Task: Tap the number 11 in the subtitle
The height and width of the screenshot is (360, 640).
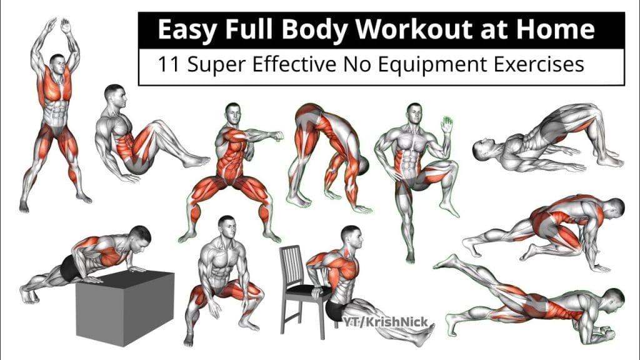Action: click(x=168, y=64)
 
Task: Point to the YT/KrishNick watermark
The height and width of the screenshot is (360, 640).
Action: click(x=385, y=322)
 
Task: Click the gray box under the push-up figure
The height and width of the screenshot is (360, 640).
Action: click(x=125, y=307)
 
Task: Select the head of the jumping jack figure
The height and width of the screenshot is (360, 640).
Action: click(x=57, y=63)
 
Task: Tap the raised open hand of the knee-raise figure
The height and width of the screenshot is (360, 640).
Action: click(x=447, y=124)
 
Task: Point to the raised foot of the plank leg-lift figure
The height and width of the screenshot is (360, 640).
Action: click(x=445, y=262)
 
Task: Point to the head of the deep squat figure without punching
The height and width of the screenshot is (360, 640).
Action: click(x=227, y=227)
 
